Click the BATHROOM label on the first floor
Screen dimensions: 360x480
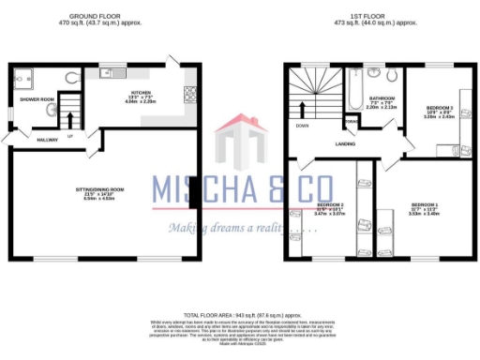coord(381,97)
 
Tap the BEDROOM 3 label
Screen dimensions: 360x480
coord(440,107)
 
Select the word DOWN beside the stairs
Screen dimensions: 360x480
coord(303,125)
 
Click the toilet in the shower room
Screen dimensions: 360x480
coord(72,78)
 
